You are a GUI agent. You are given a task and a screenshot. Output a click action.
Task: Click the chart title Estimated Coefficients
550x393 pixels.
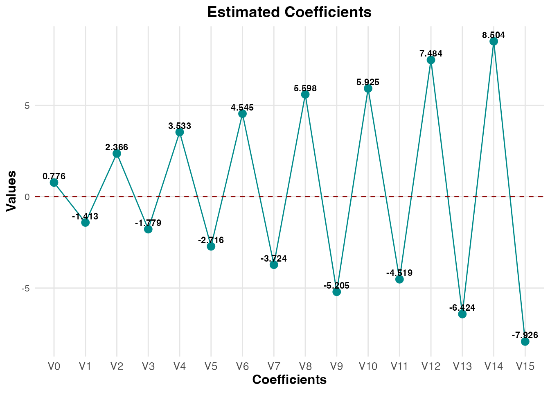(289, 12)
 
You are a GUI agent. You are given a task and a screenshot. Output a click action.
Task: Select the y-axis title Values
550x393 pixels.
(12, 191)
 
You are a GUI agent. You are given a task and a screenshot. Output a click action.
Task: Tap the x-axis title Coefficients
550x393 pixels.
(289, 380)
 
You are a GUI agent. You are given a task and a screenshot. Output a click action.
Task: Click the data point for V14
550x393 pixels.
(494, 41)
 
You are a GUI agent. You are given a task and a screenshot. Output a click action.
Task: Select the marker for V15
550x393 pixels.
(525, 341)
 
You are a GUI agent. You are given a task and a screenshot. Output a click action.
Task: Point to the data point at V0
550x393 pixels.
(54, 183)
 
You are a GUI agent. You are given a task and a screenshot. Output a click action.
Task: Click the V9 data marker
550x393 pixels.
(337, 292)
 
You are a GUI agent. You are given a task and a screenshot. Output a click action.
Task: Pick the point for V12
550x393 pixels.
(431, 60)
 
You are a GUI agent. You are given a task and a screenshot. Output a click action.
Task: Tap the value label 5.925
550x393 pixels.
(368, 82)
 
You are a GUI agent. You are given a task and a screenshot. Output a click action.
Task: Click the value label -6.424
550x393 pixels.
(462, 308)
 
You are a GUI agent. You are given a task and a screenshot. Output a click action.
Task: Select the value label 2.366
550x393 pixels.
(117, 147)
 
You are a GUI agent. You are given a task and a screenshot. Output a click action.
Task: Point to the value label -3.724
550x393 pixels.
(274, 259)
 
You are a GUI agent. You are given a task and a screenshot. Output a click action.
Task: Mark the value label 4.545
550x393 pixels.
(242, 108)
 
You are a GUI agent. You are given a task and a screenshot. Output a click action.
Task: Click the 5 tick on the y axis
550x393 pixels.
(27, 106)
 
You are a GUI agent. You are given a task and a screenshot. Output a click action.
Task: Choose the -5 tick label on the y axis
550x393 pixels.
(26, 288)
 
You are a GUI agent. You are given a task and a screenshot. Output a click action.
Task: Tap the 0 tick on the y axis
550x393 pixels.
(27, 197)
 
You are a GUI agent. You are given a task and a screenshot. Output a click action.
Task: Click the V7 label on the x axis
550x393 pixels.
(274, 366)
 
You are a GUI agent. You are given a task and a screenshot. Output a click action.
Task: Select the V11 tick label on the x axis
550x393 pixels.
(399, 366)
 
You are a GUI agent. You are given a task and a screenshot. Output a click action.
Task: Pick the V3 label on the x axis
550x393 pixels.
(148, 366)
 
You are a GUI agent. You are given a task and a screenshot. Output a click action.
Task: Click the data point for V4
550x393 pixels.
(180, 132)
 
